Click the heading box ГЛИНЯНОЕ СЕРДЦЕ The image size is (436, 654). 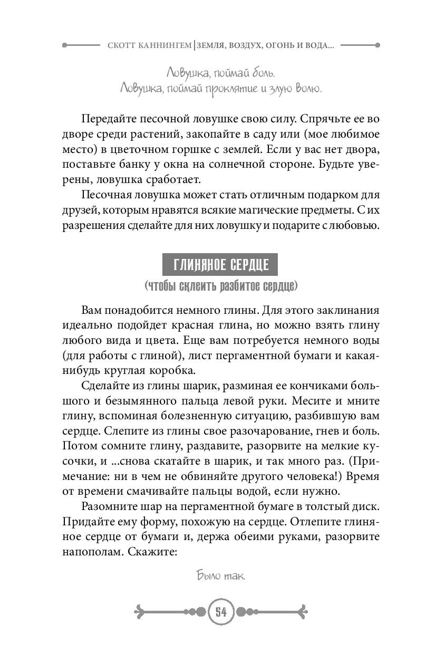pyautogui.click(x=218, y=264)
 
